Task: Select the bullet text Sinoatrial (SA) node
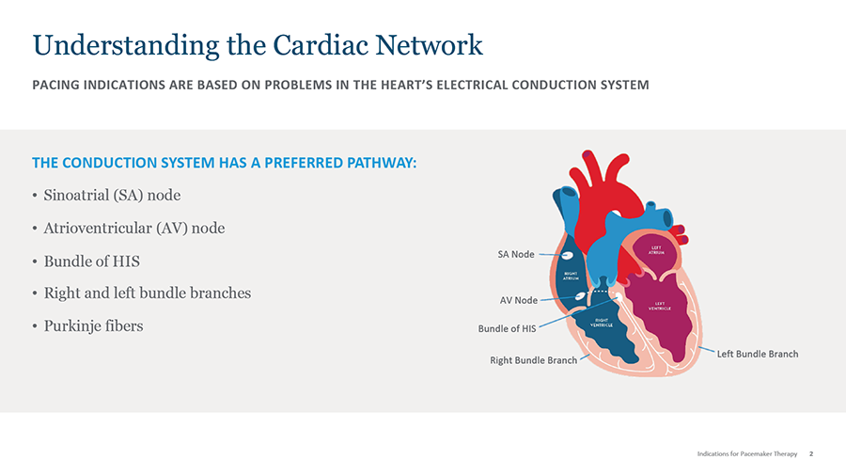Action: tap(112, 196)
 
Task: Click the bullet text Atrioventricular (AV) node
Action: tap(134, 229)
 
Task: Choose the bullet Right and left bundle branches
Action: tap(148, 293)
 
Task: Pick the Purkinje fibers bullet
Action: tap(93, 325)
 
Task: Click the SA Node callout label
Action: tap(516, 254)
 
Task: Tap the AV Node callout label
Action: tap(519, 300)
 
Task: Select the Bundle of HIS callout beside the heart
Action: tap(507, 328)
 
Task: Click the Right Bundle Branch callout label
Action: tap(533, 360)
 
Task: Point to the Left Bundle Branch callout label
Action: tap(758, 354)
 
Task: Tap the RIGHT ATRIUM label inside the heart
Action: tap(571, 277)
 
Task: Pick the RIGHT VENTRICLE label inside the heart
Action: tap(602, 323)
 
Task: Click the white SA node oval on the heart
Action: tap(568, 255)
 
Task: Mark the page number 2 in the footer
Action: tap(811, 453)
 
